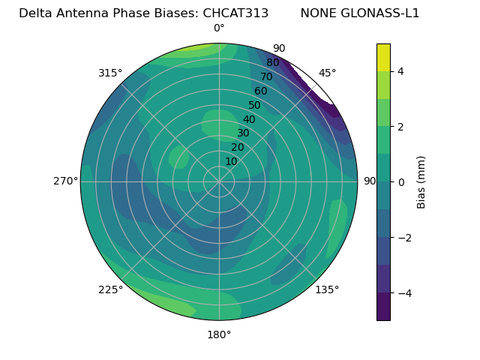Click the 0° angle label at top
pos(219,28)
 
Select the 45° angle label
pos(327,73)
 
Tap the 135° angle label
pos(327,289)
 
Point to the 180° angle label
pos(219,334)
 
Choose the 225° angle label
pos(110,289)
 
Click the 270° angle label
pos(65,181)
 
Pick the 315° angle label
pos(110,73)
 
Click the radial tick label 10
pos(231,161)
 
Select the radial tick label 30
pos(243,133)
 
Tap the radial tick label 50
pos(254,105)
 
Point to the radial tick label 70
pos(266,77)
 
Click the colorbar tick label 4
pos(401,71)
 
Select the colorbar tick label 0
pos(401,182)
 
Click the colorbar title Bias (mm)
pos(421,182)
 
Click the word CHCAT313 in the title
pos(235,13)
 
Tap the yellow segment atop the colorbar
pos(383,57)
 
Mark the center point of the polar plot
pos(219,181)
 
